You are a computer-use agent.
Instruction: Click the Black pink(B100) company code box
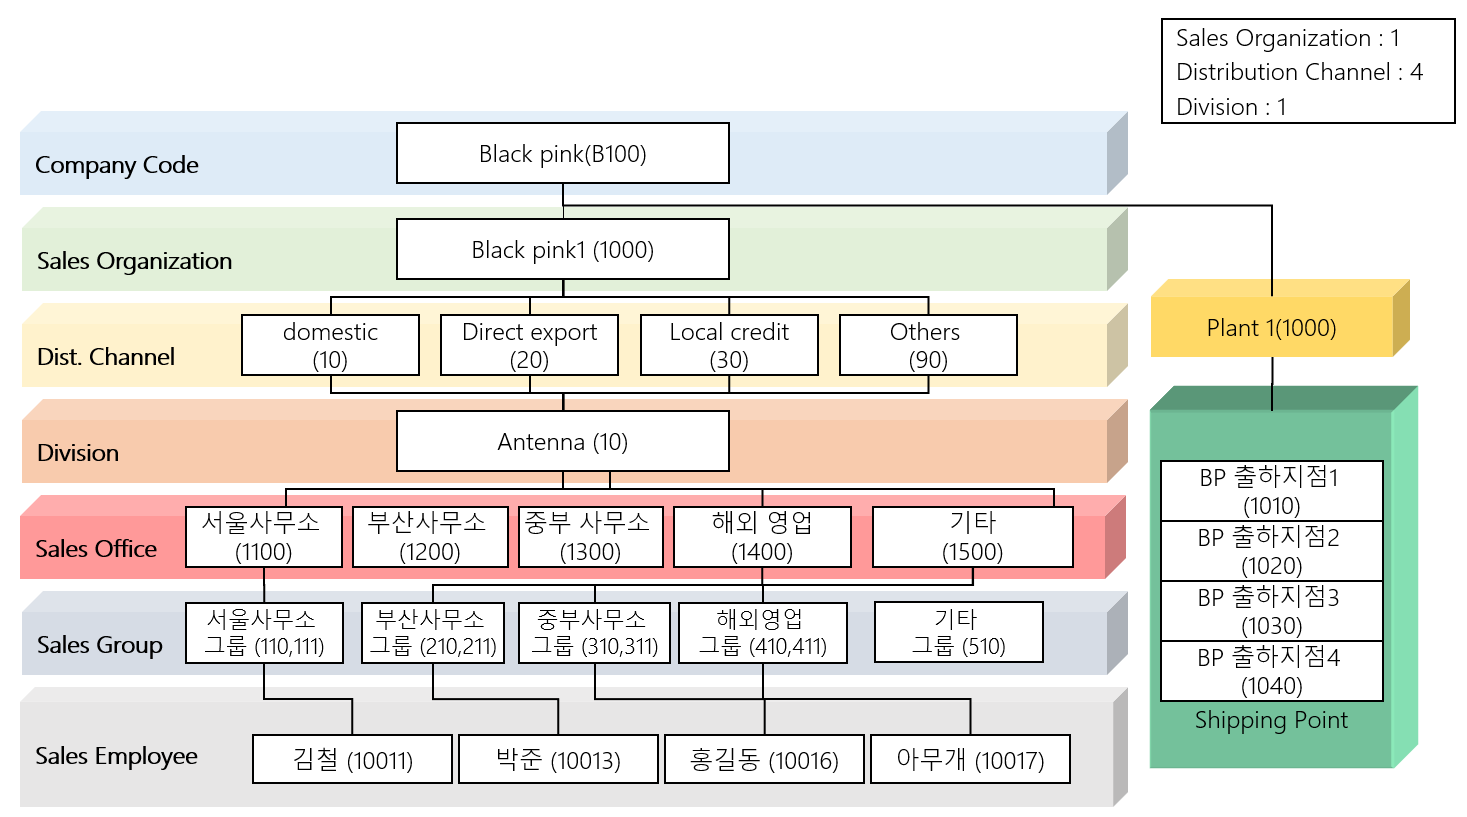coord(562,153)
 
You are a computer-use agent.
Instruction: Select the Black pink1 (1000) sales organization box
coord(562,249)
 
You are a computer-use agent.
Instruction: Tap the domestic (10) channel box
coord(330,345)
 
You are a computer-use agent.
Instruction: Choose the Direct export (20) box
coord(529,345)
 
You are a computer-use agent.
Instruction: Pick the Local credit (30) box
coord(729,345)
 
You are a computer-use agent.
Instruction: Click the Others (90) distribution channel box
coord(928,345)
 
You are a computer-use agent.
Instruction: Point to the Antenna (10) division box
coord(562,441)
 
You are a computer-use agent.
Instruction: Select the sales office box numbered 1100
coord(263,537)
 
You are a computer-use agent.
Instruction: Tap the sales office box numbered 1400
coord(762,537)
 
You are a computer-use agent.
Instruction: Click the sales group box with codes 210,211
coord(433,632)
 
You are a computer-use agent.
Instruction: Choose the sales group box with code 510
coord(958,632)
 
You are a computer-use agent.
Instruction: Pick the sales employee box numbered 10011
coord(352,760)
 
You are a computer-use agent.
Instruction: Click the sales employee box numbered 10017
coord(970,760)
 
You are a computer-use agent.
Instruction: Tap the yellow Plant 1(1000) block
coord(1271,328)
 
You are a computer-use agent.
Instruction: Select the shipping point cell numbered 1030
coord(1271,611)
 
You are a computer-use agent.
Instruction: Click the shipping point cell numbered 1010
coord(1271,491)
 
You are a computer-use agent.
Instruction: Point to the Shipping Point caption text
coord(1271,720)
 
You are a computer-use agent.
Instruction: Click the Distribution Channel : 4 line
coord(1298,72)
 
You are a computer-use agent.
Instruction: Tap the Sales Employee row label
coord(116,756)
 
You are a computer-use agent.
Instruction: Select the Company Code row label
coord(116,165)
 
